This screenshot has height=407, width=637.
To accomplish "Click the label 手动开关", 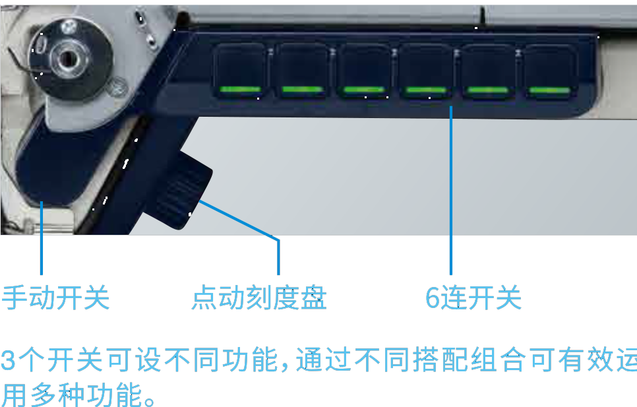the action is coord(55,297).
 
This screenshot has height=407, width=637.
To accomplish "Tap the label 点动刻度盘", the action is coord(258,297).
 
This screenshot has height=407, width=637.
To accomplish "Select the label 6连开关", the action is coord(473,297).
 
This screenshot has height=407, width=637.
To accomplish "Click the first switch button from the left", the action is coord(239,71).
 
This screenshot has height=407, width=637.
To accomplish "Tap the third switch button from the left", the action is coord(363,71).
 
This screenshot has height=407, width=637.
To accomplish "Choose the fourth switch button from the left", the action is coord(426,71).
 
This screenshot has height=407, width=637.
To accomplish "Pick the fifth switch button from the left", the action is coord(488,71).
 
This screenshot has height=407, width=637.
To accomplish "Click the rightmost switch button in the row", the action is coord(550,71).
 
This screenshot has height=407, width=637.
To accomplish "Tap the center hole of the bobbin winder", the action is coord(67,59).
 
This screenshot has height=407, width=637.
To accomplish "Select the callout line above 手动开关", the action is coord(42,238).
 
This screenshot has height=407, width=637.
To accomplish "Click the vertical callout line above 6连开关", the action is coord(451,191).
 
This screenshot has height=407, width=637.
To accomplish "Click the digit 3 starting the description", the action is coord(8,360).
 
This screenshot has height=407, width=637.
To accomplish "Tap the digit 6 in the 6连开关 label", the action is coord(433,297).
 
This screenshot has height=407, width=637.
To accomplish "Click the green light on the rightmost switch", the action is coord(550,90).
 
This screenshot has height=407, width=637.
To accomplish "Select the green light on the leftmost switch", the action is coord(239,89).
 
